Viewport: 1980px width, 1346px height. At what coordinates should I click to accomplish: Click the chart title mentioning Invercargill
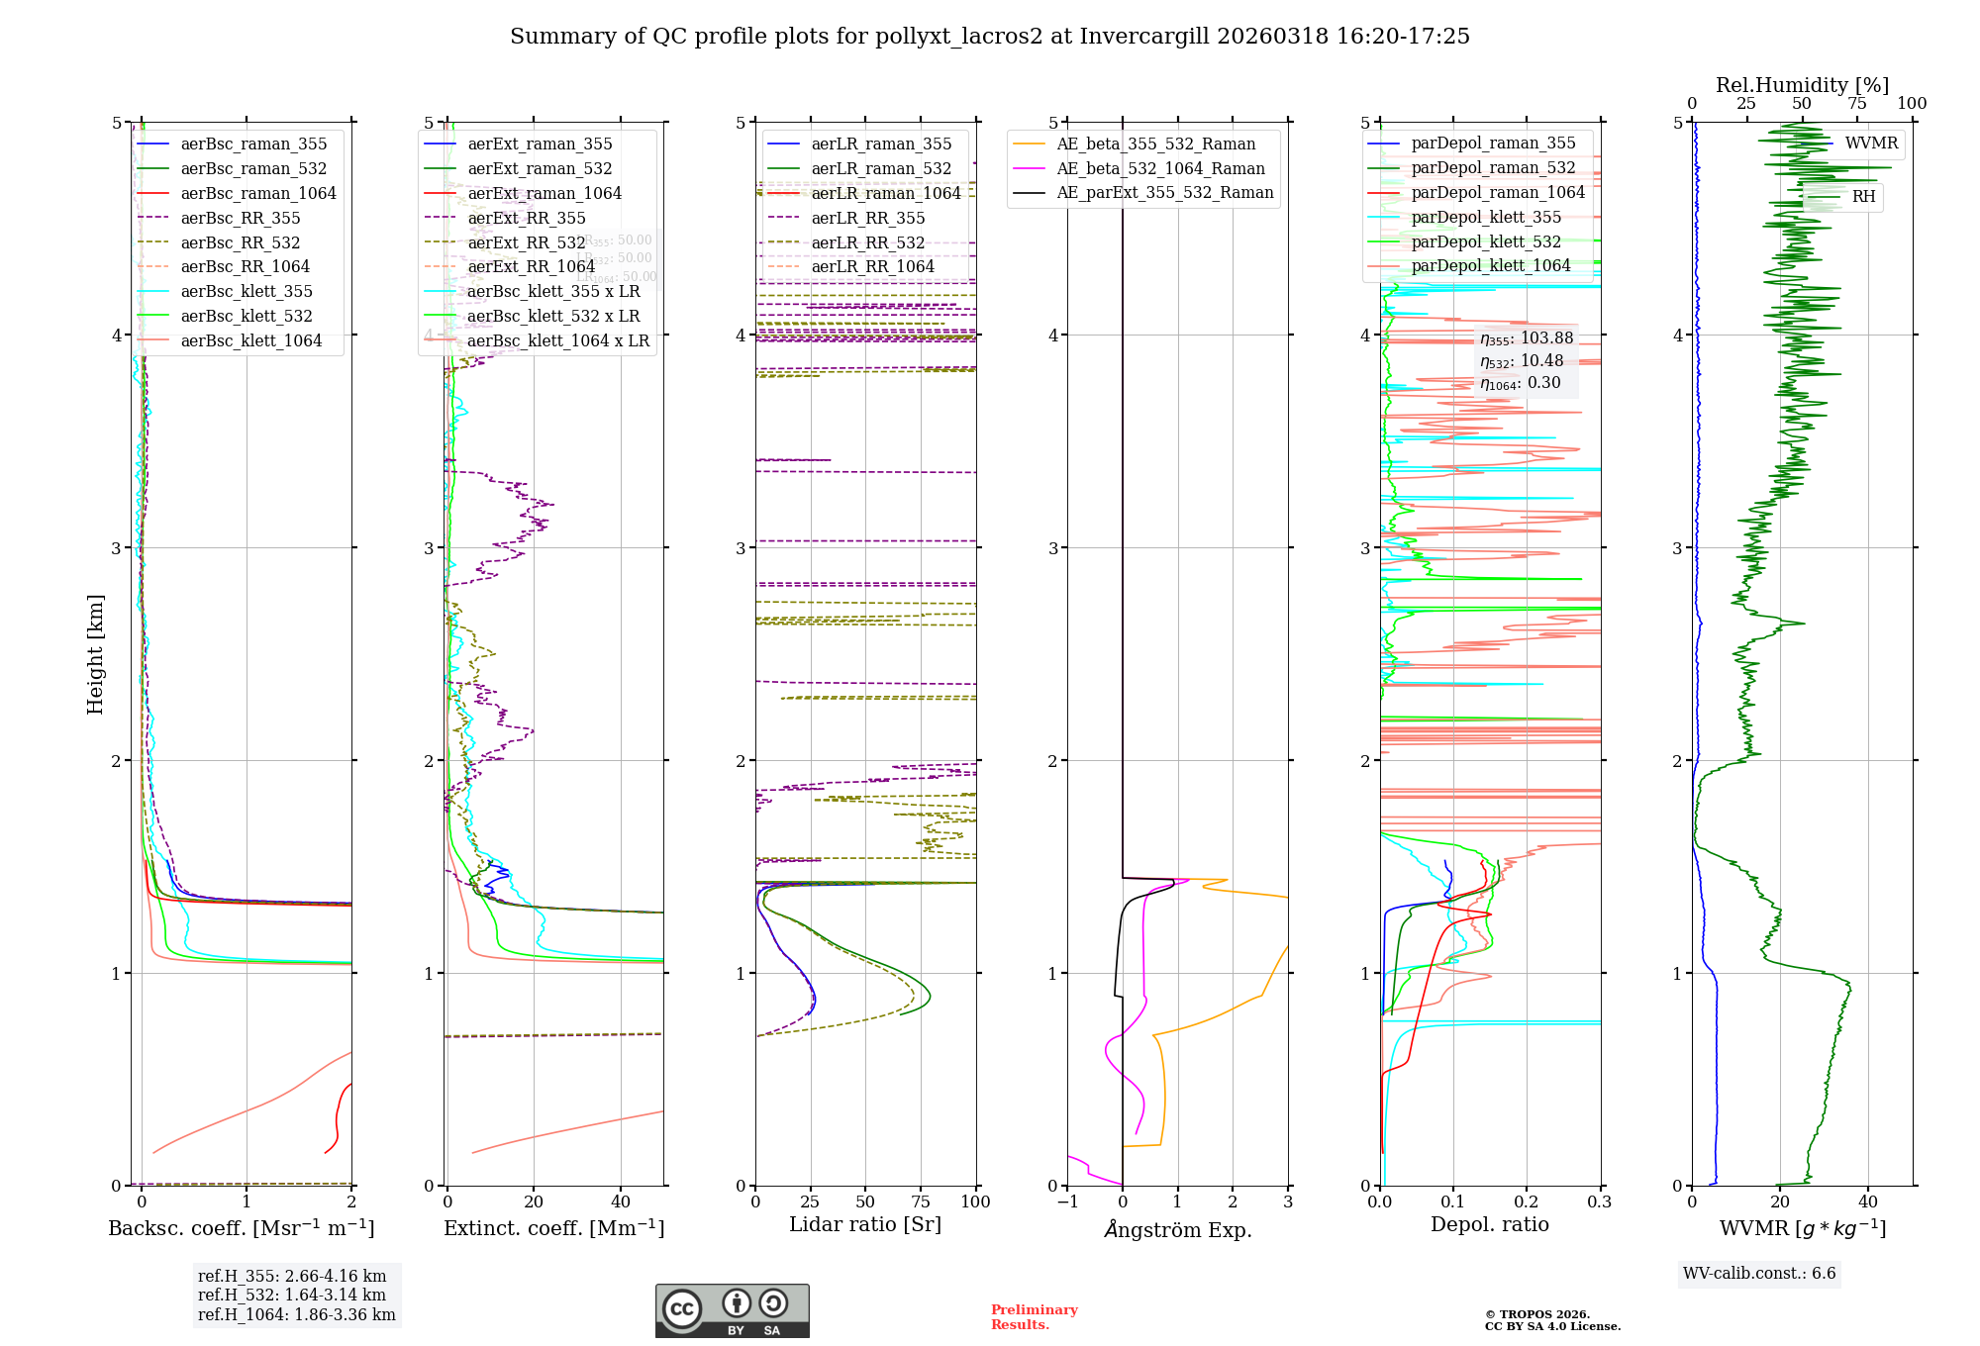tap(990, 37)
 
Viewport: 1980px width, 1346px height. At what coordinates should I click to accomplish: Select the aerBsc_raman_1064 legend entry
tap(257, 193)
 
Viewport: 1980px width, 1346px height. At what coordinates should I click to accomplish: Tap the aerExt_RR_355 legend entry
tap(526, 218)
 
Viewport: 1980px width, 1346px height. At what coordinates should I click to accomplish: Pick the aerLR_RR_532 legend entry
tap(867, 242)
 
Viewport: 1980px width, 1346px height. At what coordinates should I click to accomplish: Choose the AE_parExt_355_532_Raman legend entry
tap(1164, 192)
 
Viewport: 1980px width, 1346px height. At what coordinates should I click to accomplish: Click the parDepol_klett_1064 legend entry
tap(1490, 265)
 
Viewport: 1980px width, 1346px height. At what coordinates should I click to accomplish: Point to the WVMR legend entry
tap(1870, 144)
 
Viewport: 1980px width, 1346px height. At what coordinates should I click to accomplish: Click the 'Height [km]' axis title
tap(95, 653)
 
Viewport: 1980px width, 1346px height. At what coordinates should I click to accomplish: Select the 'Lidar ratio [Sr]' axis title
tap(865, 1224)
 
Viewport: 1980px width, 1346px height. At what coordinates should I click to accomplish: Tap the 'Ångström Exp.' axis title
tap(1178, 1229)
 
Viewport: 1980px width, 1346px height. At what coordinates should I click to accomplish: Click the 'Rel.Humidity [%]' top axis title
tap(1802, 85)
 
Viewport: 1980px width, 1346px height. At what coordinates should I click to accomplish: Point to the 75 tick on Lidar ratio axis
tap(921, 1202)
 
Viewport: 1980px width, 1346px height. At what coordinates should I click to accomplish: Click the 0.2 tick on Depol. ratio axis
tap(1527, 1202)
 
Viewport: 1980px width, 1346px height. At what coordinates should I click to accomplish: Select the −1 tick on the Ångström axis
tap(1067, 1202)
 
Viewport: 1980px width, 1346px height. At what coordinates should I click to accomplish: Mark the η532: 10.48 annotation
tap(1522, 361)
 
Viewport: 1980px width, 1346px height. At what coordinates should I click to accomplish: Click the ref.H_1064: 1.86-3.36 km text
tap(296, 1314)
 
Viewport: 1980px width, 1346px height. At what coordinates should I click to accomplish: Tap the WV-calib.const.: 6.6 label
tap(1759, 1273)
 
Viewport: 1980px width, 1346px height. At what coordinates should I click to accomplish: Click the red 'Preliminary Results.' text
tap(1034, 1316)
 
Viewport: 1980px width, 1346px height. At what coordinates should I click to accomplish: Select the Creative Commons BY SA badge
tap(732, 1310)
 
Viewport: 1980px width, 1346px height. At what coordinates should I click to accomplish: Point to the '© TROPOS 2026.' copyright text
tap(1536, 1314)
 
